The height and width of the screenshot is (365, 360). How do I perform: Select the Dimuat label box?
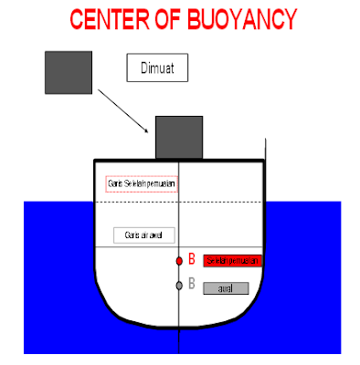157,68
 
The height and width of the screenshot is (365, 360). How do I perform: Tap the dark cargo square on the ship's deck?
179,137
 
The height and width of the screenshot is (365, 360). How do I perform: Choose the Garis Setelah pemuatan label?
142,184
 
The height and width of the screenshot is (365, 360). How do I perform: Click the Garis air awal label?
143,235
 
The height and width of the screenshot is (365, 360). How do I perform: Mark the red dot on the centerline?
180,261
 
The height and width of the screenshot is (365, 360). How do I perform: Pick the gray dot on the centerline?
180,286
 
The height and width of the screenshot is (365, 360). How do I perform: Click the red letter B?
192,260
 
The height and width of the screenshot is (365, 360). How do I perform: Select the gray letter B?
192,285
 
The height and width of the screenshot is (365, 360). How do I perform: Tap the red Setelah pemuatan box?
233,261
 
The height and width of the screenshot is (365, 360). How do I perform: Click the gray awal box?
226,288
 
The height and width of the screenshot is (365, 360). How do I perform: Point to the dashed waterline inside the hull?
228,201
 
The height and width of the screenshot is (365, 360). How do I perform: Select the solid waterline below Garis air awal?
228,246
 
